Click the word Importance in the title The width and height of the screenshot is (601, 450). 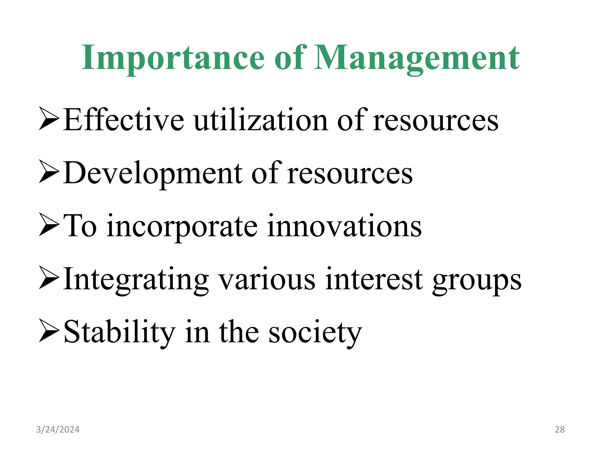click(x=173, y=58)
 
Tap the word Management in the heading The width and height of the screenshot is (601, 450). click(x=417, y=58)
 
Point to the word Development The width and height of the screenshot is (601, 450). click(x=153, y=173)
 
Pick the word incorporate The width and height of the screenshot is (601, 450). click(x=182, y=226)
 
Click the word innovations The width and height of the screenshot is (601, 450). click(x=345, y=226)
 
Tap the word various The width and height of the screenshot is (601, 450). click(x=267, y=279)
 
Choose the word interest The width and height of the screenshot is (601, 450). click(x=374, y=279)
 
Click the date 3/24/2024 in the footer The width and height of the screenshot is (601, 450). click(x=58, y=429)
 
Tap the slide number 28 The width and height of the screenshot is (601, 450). click(x=560, y=429)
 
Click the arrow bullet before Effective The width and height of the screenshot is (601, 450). click(x=49, y=119)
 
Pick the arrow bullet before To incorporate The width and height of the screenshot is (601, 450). click(x=49, y=225)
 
